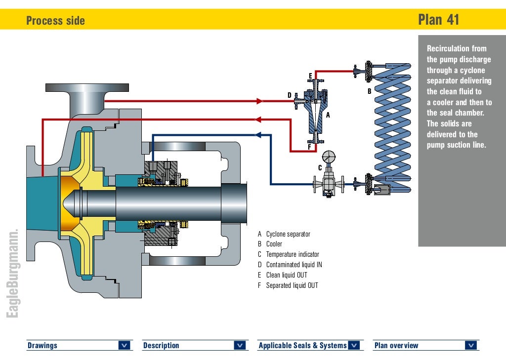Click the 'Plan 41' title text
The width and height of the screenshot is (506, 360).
coord(438,20)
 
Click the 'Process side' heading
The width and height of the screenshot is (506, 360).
coord(55,21)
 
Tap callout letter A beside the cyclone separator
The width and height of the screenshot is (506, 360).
coord(327,115)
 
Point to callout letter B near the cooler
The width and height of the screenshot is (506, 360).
coord(369,91)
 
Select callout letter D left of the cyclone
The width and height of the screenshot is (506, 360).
coord(290,95)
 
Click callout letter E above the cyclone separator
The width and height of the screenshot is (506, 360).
coord(310,76)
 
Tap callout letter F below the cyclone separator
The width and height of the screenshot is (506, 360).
coord(309,147)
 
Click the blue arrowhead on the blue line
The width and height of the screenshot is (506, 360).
coord(257,134)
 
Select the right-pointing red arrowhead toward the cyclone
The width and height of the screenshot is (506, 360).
coord(259,101)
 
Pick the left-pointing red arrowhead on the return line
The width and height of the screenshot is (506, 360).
coord(257,119)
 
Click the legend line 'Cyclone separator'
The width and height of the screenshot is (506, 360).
coord(288,234)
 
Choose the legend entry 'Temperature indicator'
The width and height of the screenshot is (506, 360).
coord(293,254)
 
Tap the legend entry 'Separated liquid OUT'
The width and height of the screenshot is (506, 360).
coord(292,285)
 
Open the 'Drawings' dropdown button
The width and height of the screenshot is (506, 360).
coord(125,346)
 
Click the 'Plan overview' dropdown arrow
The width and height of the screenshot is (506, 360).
coord(471,346)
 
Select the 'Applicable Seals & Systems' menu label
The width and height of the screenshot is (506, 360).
coord(302,346)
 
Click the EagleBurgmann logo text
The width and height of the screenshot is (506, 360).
coord(13,274)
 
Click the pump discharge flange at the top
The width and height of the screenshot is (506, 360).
coord(88,88)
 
